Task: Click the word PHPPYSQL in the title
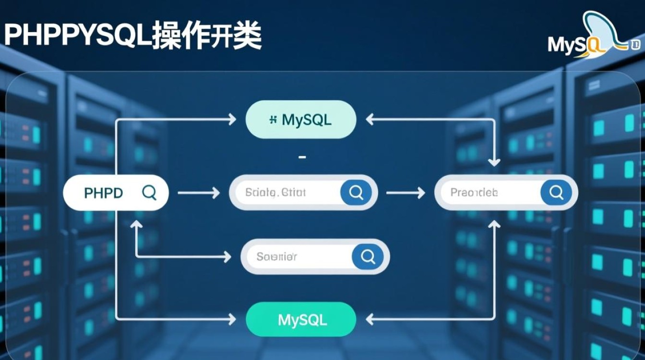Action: [77, 36]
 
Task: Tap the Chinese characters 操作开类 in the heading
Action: [206, 36]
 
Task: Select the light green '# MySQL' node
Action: [300, 120]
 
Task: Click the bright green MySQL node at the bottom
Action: [300, 320]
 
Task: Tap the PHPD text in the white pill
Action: [103, 193]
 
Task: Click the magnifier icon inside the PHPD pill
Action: [149, 192]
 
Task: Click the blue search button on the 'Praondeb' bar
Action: [556, 192]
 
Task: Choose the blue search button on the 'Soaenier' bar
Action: [368, 256]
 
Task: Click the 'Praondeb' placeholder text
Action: [474, 193]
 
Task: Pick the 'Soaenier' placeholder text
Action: [276, 257]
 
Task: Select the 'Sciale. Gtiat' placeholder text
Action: [275, 193]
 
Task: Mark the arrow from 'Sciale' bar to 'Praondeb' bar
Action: [405, 193]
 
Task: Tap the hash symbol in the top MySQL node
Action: [273, 120]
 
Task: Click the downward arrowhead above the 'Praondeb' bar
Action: [495, 162]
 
